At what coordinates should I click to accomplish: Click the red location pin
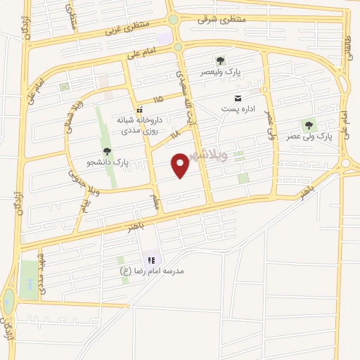coord(181,165)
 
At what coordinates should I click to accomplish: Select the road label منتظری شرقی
coord(222,20)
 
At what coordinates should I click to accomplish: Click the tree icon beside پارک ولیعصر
coord(219,60)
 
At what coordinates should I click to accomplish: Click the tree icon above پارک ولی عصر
coord(307,125)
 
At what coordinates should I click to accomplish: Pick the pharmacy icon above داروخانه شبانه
coord(140,109)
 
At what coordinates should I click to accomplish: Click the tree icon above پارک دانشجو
coord(107,150)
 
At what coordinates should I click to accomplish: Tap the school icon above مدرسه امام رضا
coord(151,260)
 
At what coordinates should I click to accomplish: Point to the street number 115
coord(157,99)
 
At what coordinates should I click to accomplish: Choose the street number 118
coord(175,132)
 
